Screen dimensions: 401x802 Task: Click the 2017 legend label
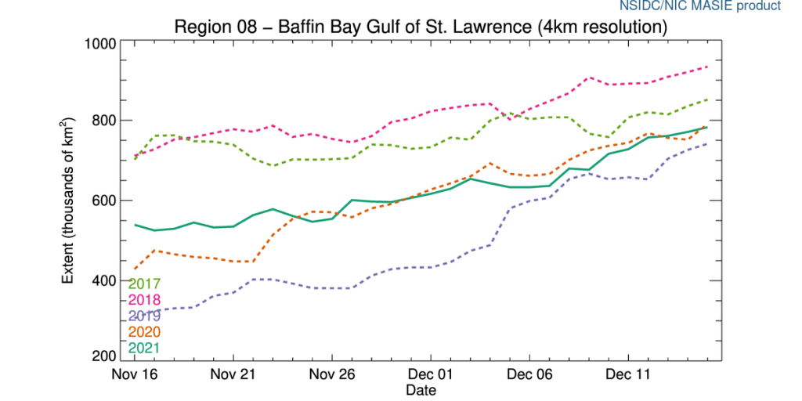144,284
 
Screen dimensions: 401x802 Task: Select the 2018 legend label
144,300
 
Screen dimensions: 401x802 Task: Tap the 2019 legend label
144,316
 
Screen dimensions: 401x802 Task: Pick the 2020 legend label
144,332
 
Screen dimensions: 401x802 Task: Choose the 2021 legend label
144,348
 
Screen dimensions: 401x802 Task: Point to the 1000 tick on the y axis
100,43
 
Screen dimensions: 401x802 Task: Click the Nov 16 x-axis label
135,375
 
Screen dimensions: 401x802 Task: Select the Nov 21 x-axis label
234,375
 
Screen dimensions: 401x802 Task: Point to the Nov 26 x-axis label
333,375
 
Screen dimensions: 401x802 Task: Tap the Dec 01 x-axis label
432,375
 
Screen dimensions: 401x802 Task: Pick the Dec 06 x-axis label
531,375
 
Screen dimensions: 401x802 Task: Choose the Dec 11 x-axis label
630,375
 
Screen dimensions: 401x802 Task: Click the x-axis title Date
421,389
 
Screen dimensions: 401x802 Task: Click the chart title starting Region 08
421,27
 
